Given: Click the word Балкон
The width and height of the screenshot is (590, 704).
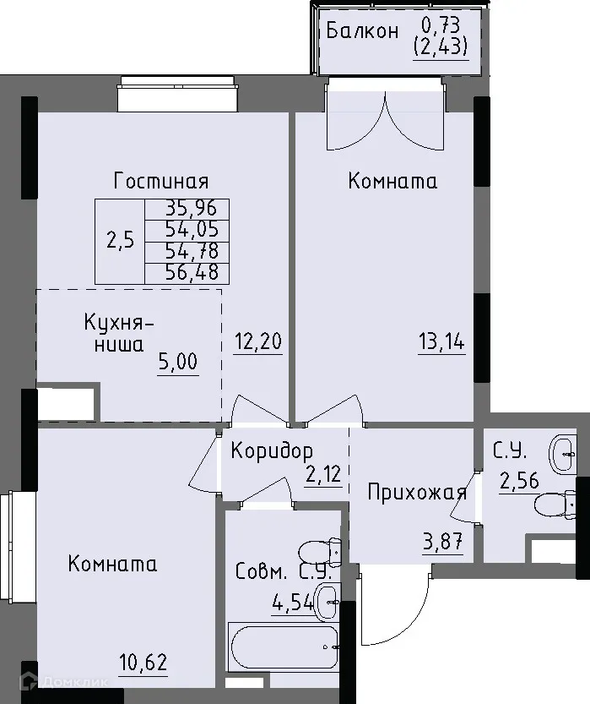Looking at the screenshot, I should click(x=362, y=31).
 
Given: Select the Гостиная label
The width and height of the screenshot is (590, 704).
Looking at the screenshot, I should click(x=161, y=181).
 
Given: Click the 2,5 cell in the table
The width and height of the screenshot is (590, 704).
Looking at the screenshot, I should click(x=119, y=240).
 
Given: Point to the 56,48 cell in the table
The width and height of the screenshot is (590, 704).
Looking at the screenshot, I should click(x=187, y=272).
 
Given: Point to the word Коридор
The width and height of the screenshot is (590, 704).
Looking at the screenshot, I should click(x=272, y=450).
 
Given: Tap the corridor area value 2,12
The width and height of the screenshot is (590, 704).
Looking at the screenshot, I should click(x=323, y=474).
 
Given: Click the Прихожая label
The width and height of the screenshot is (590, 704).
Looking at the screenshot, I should click(x=417, y=493).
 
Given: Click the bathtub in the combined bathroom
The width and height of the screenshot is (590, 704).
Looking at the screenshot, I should click(x=283, y=647).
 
